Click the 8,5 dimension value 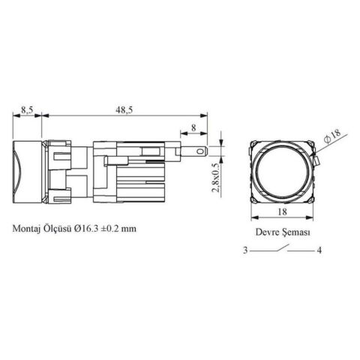(27, 109)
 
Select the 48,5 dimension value (124, 109)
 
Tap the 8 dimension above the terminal (193, 127)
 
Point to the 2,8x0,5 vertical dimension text (215, 178)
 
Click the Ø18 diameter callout (332, 136)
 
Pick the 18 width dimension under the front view (282, 211)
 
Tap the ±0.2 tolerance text (109, 229)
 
